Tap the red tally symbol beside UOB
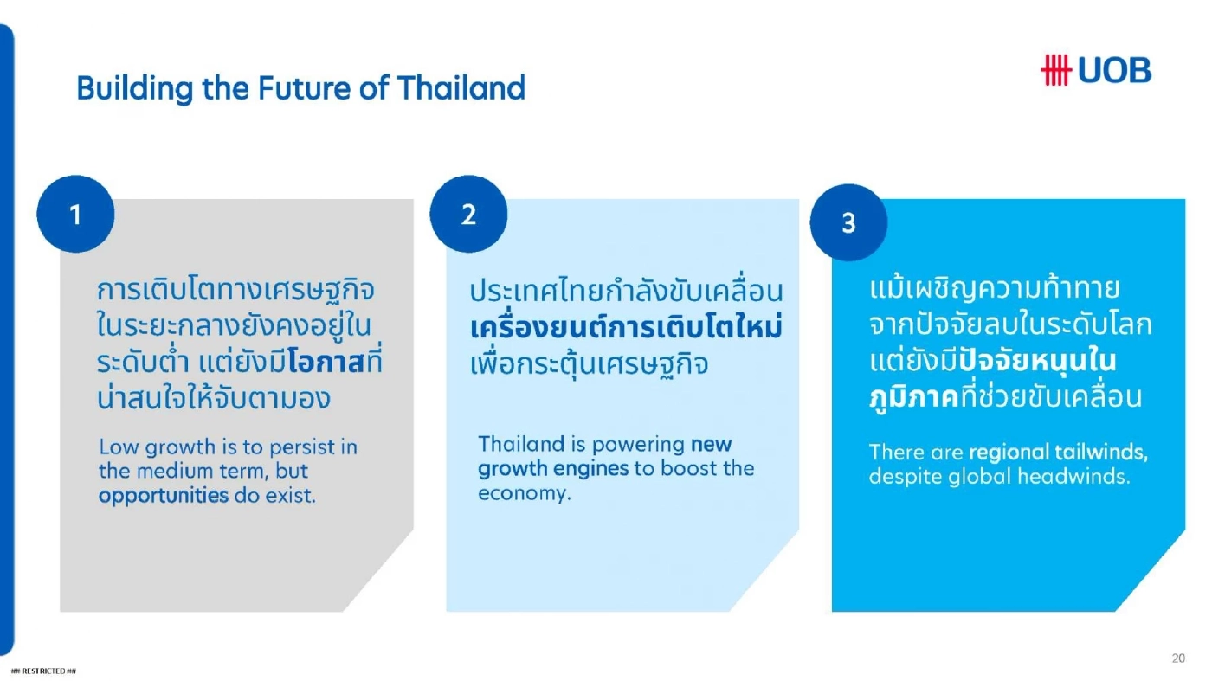tap(1056, 70)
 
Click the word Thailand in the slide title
tap(461, 88)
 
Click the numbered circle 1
tap(75, 215)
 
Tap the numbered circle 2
tap(468, 215)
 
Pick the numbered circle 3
tap(848, 223)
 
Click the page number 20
tap(1178, 659)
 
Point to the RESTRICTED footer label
tap(43, 671)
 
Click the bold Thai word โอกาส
tap(325, 363)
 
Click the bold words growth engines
tap(552, 469)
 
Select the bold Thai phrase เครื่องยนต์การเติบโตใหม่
tap(626, 329)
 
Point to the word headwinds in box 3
tap(1082, 477)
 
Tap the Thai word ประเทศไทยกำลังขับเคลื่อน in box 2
tap(626, 292)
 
